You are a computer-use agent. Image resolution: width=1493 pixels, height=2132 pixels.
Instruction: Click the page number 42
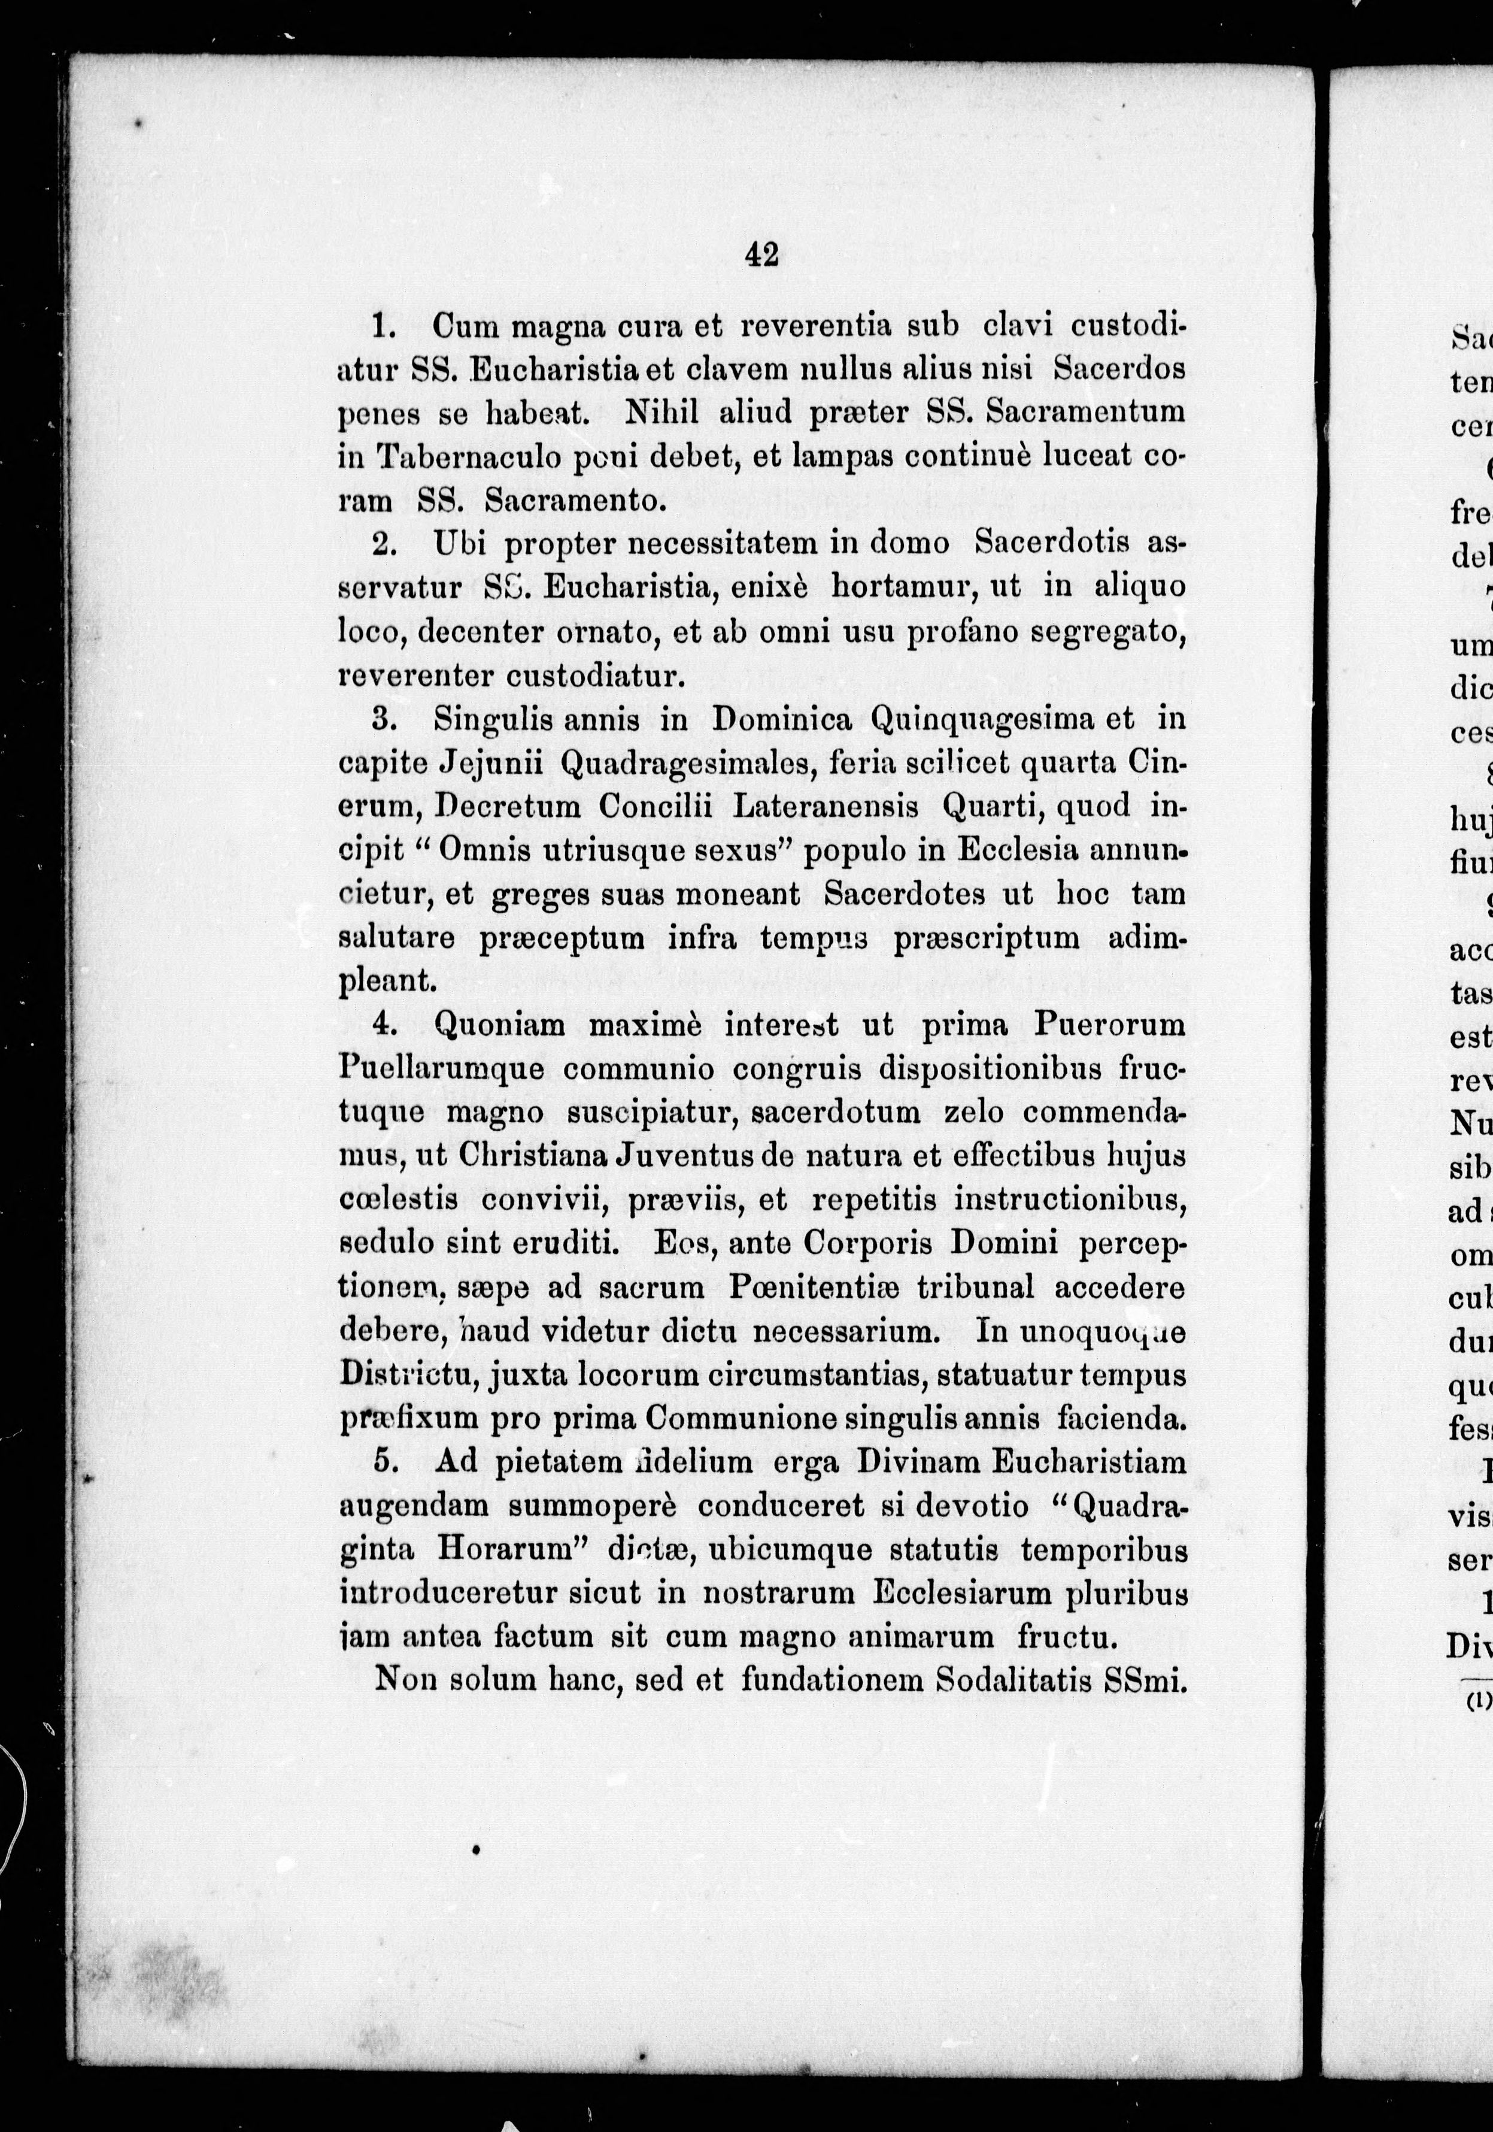(x=761, y=253)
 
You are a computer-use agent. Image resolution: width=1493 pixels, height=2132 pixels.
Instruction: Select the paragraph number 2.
(x=384, y=544)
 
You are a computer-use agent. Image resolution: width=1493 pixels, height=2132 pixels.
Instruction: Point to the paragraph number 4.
(x=384, y=1025)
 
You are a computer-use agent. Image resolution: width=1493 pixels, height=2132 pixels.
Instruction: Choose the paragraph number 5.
(x=384, y=1462)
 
